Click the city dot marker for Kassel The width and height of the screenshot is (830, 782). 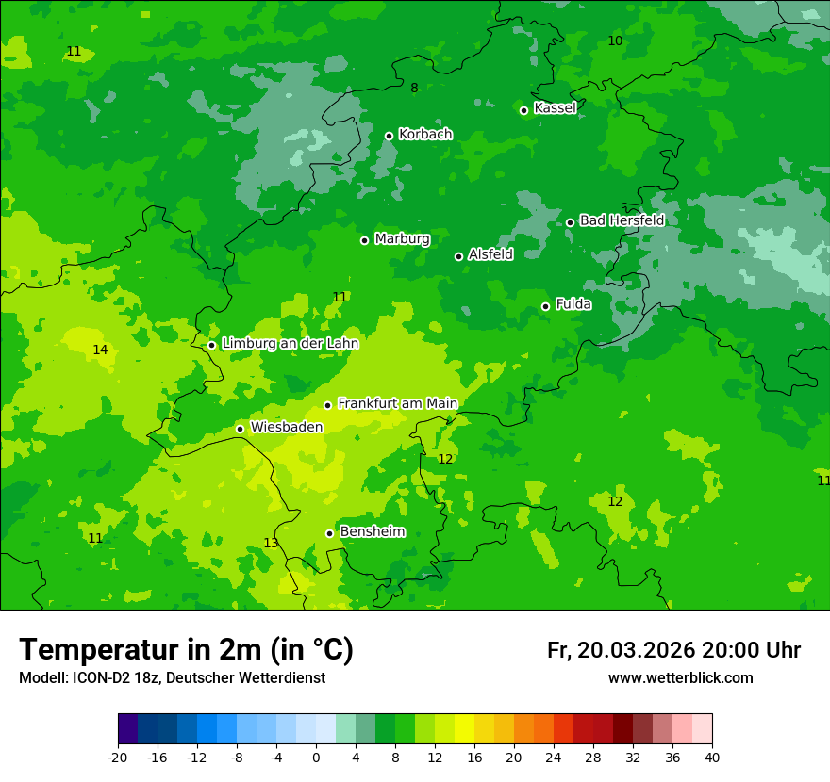click(524, 110)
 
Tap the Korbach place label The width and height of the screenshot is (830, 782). click(425, 135)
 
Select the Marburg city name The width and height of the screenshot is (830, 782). click(402, 239)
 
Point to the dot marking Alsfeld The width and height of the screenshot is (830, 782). click(459, 256)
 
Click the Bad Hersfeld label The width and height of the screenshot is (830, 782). click(622, 220)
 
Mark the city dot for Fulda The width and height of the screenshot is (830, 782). click(546, 306)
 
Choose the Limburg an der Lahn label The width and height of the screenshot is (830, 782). click(290, 344)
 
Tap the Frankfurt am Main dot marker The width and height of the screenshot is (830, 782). click(328, 405)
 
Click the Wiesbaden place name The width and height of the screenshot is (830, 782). click(287, 427)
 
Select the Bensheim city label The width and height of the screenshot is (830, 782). click(372, 532)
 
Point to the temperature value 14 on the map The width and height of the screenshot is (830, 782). click(100, 350)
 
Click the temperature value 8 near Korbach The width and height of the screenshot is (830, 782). click(414, 89)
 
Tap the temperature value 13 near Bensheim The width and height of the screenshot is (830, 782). click(271, 544)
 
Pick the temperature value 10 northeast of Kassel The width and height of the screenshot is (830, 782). click(615, 41)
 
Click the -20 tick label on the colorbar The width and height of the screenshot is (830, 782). click(118, 757)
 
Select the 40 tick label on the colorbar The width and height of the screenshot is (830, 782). click(712, 757)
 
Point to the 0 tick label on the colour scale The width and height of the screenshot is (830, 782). click(316, 757)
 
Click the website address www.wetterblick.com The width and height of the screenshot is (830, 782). click(680, 678)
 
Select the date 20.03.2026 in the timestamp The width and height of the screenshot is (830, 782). click(636, 651)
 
